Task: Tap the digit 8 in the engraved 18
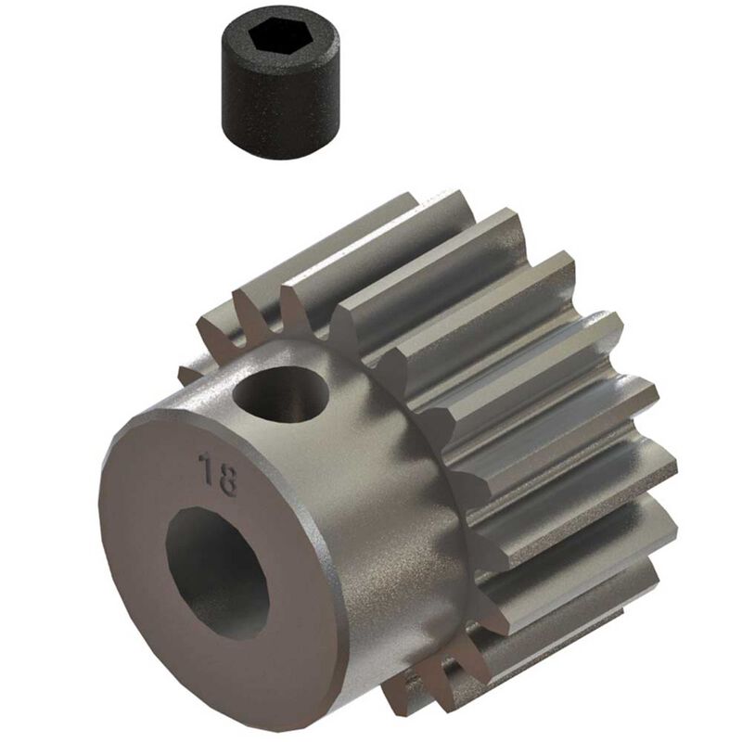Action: (x=228, y=476)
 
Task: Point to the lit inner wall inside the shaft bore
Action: (x=237, y=594)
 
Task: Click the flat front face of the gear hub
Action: (x=148, y=519)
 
